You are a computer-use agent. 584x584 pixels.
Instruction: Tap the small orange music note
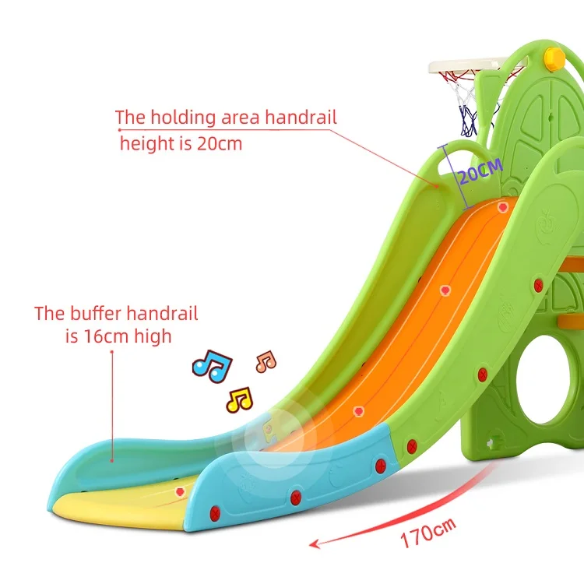266,361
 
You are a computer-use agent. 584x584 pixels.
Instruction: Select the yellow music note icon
239,400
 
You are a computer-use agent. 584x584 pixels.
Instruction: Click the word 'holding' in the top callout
183,118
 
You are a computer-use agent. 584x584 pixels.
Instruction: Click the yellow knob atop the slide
554,56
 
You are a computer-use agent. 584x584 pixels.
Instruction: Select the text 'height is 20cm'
181,144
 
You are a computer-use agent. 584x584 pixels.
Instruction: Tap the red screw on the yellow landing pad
181,491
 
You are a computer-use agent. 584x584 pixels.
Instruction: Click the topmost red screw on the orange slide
504,207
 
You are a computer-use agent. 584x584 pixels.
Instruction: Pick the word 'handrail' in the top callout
301,118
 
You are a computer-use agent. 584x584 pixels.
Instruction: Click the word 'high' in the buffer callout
155,336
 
